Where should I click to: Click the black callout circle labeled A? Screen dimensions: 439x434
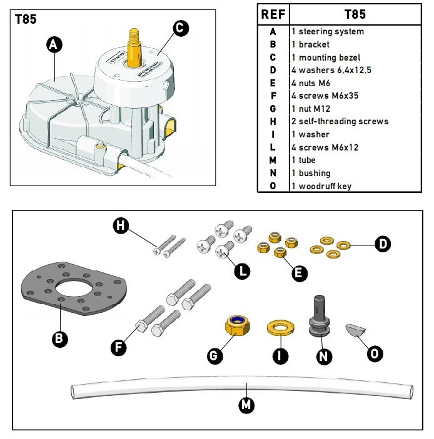coord(54,44)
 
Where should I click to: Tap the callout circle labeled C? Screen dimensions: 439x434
coord(180,27)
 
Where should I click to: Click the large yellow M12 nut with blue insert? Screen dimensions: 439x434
coord(238,325)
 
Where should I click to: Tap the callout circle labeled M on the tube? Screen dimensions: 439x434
coord(246,405)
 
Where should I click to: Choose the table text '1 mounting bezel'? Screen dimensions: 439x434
coord(326,57)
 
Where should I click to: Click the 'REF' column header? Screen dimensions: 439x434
coord(273,14)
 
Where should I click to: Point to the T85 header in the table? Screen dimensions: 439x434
coord(355,14)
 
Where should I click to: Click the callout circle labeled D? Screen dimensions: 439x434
coord(383,244)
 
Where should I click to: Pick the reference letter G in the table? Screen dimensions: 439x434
coord(273,109)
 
